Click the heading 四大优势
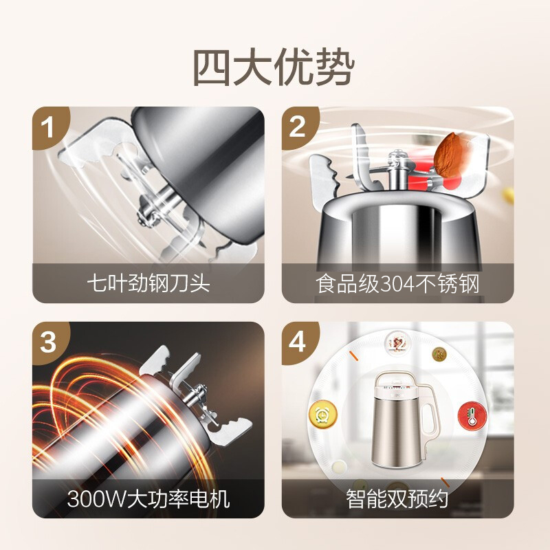(274, 67)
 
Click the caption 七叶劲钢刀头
(148, 283)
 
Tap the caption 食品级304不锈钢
(397, 283)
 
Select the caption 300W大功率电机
(148, 498)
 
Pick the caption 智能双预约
(397, 498)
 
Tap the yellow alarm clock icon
(322, 415)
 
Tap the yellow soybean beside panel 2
(508, 195)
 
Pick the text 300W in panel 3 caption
(96, 499)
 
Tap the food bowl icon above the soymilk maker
(397, 342)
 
